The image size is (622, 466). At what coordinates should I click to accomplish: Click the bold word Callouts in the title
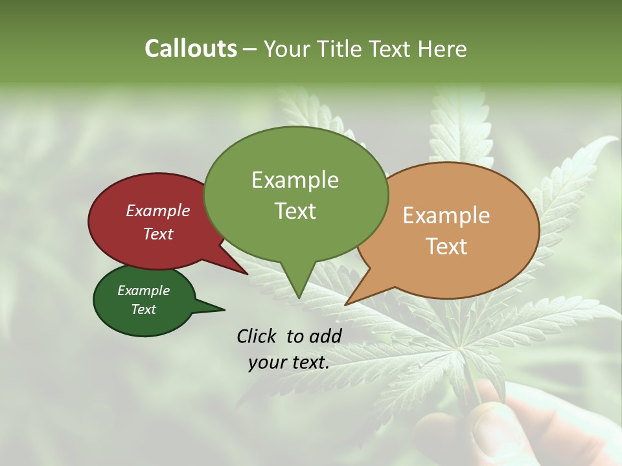pyautogui.click(x=190, y=49)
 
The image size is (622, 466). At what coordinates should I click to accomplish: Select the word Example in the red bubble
pyautogui.click(x=157, y=210)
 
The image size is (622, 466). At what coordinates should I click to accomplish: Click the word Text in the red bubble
pyautogui.click(x=157, y=234)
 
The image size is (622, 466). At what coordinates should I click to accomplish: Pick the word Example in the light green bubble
pyautogui.click(x=295, y=180)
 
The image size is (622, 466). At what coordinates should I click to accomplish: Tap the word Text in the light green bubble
pyautogui.click(x=295, y=211)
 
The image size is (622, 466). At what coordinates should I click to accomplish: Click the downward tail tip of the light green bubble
pyautogui.click(x=299, y=296)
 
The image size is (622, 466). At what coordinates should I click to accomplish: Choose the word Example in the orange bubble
pyautogui.click(x=446, y=216)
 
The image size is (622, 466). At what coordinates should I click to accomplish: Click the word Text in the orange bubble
pyautogui.click(x=446, y=247)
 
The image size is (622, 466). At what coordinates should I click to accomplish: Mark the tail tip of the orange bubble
pyautogui.click(x=347, y=304)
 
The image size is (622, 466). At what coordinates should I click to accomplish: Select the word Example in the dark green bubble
pyautogui.click(x=143, y=291)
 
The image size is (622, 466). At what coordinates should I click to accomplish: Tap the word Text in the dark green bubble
pyautogui.click(x=143, y=309)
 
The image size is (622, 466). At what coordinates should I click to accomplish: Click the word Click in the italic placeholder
pyautogui.click(x=256, y=336)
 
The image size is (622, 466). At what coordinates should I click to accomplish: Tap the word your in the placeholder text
pyautogui.click(x=266, y=362)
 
